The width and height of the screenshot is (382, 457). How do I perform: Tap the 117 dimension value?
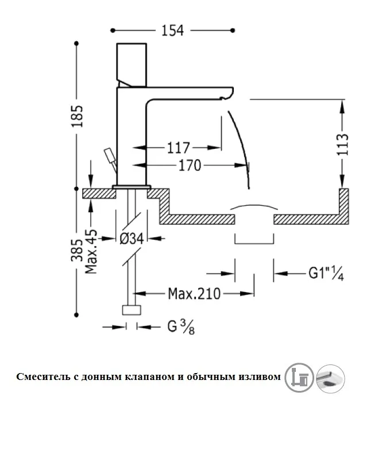pyautogui.click(x=179, y=148)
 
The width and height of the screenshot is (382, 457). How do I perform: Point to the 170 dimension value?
pyautogui.click(x=189, y=166)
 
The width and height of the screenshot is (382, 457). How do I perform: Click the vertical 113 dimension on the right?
pyautogui.click(x=343, y=145)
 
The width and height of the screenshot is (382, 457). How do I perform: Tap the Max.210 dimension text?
pyautogui.click(x=194, y=294)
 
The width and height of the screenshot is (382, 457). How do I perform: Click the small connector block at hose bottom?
pyautogui.click(x=132, y=311)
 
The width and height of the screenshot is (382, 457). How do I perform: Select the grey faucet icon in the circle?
pyautogui.click(x=299, y=378)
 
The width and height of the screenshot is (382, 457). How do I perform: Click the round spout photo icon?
pyautogui.click(x=331, y=378)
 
